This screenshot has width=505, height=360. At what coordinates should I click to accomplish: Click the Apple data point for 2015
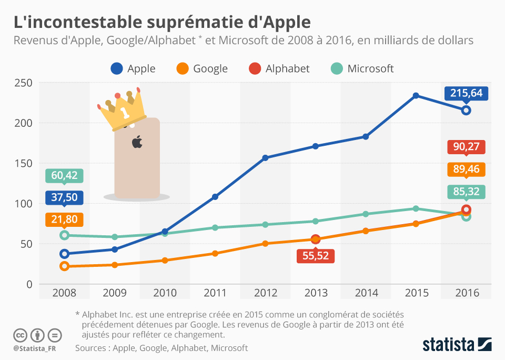pyautogui.click(x=416, y=95)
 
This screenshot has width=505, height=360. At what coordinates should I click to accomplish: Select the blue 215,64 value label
pyautogui.click(x=466, y=94)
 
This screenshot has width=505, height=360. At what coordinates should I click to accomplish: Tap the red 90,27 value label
pyautogui.click(x=466, y=147)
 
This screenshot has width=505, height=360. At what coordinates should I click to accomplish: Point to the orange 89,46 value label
pyautogui.click(x=466, y=169)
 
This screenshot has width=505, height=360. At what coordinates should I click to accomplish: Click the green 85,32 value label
pyautogui.click(x=466, y=192)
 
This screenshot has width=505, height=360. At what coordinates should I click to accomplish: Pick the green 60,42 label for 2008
pyautogui.click(x=64, y=175)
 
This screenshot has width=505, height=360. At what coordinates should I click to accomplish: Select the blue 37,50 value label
pyautogui.click(x=64, y=197)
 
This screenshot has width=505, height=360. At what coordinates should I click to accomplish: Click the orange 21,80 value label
pyautogui.click(x=64, y=219)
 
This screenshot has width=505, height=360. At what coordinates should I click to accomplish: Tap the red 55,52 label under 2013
pyautogui.click(x=316, y=256)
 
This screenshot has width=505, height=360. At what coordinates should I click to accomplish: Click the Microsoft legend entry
pyautogui.click(x=362, y=68)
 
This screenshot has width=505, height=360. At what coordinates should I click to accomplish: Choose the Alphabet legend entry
pyautogui.click(x=279, y=68)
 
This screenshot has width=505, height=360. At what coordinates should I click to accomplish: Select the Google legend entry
pyautogui.click(x=202, y=68)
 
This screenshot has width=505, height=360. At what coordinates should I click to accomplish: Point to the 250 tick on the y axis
pyautogui.click(x=24, y=83)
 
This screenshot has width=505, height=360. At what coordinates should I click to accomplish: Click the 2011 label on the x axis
pyautogui.click(x=215, y=293)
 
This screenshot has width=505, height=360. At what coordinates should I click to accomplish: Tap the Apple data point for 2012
pyautogui.click(x=265, y=158)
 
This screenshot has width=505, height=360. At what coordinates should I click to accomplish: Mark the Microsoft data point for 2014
pyautogui.click(x=366, y=214)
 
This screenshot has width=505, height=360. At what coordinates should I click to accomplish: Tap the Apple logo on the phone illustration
pyautogui.click(x=137, y=142)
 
